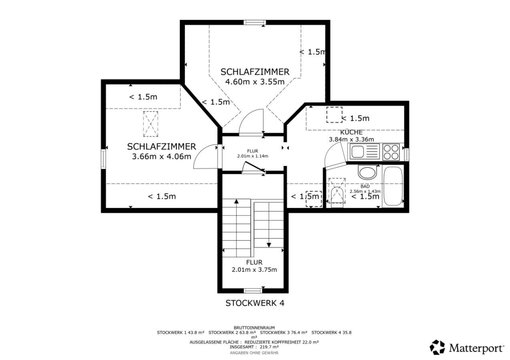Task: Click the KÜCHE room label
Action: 351,132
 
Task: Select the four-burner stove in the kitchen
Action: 391,152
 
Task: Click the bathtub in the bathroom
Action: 393,186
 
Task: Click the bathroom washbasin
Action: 367,172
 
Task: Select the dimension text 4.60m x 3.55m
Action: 255,82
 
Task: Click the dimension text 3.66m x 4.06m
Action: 161,156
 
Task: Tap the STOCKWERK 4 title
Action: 255,303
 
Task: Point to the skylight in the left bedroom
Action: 151,124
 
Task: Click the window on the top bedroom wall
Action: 255,23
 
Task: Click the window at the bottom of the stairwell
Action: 253,290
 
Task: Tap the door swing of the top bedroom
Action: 251,122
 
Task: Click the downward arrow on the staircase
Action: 269,244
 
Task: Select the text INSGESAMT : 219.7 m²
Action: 254,347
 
